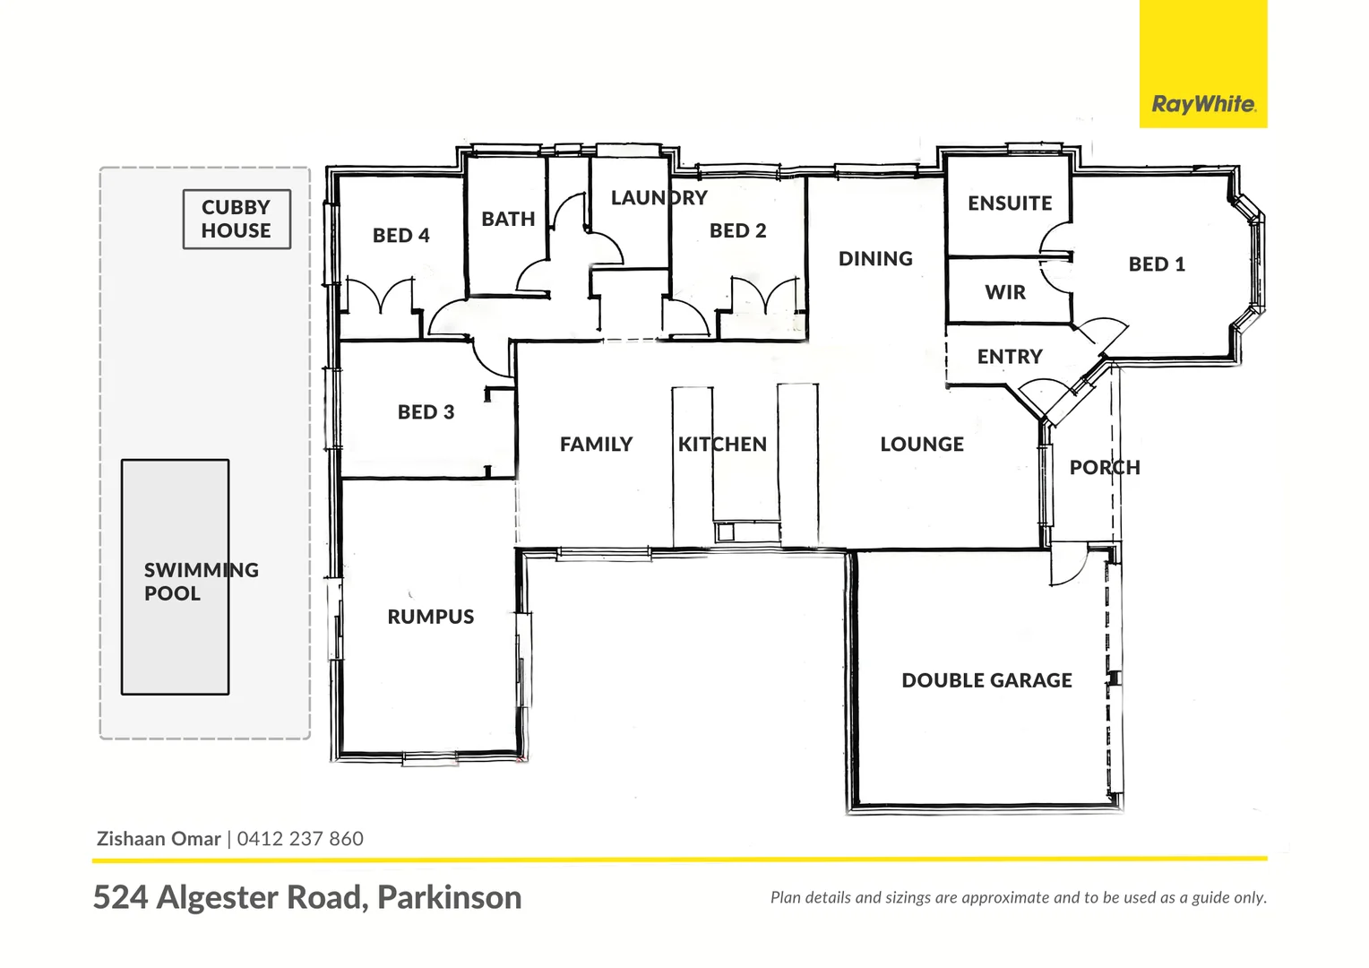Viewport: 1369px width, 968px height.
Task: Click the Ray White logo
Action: [1203, 104]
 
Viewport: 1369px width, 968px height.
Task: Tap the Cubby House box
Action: [237, 219]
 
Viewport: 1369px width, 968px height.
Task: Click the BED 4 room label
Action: [400, 235]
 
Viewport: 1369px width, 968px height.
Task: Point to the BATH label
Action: [508, 219]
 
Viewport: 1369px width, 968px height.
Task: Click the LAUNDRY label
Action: [659, 197]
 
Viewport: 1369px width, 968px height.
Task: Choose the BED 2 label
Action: [737, 230]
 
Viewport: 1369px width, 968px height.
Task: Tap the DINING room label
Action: [875, 258]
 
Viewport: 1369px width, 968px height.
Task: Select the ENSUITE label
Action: [1010, 203]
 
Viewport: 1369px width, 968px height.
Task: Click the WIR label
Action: [1005, 292]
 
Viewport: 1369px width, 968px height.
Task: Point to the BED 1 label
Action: [1157, 264]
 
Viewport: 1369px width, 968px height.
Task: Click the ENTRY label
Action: [1010, 357]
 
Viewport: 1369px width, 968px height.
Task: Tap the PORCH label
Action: [1105, 467]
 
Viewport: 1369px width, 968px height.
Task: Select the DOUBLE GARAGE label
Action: [986, 680]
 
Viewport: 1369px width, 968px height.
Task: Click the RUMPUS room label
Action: [431, 617]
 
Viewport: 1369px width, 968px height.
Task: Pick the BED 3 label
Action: [426, 412]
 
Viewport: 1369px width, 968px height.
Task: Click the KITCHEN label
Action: [722, 445]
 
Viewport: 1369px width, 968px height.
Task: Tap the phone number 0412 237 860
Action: [300, 839]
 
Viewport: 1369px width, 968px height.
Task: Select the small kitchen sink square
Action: [726, 533]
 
